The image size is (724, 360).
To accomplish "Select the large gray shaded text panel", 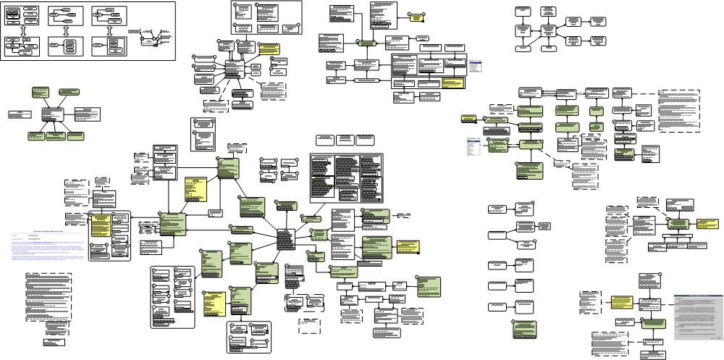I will pyautogui.click(x=699, y=317).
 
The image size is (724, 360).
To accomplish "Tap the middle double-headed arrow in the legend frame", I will pyautogui.click(x=65, y=31).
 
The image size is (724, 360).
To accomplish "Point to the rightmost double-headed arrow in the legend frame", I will pyautogui.click(x=109, y=31).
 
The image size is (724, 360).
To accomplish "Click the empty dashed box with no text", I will pyautogui.click(x=310, y=327).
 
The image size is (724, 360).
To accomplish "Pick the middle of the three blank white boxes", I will pyautogui.click(x=345, y=139).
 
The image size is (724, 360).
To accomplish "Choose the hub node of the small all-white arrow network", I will pyautogui.click(x=548, y=31).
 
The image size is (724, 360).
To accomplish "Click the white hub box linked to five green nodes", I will pyautogui.click(x=54, y=114).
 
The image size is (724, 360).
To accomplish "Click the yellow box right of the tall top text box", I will pyautogui.click(x=416, y=16).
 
